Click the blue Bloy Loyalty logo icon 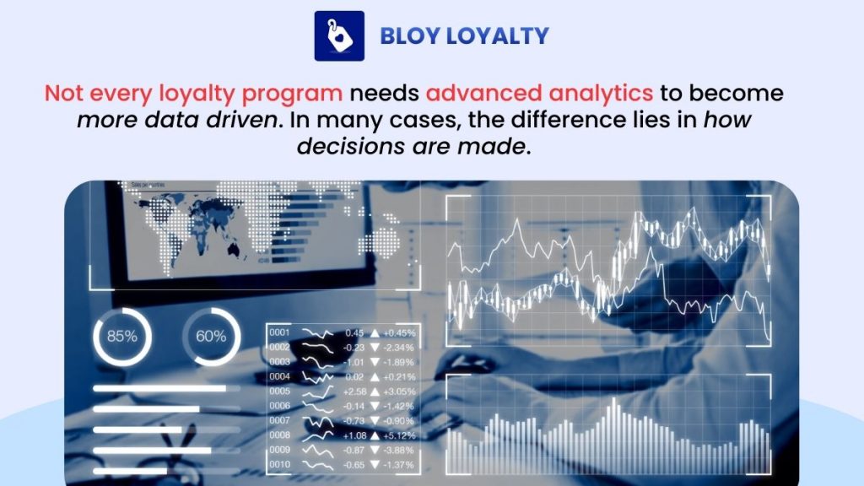pyautogui.click(x=339, y=35)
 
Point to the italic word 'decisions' pyautogui.click(x=348, y=147)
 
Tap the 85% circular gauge pyautogui.click(x=121, y=336)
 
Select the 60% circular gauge pyautogui.click(x=211, y=336)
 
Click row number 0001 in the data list pyautogui.click(x=280, y=332)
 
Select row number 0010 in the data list pyautogui.click(x=280, y=464)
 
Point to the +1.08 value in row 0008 pyautogui.click(x=353, y=435)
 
